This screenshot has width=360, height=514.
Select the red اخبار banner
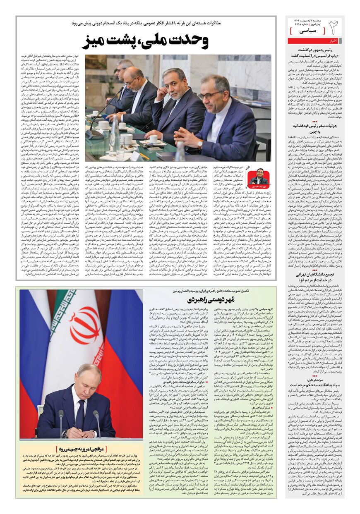pos(332,41)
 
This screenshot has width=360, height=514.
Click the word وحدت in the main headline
pos(185,41)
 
